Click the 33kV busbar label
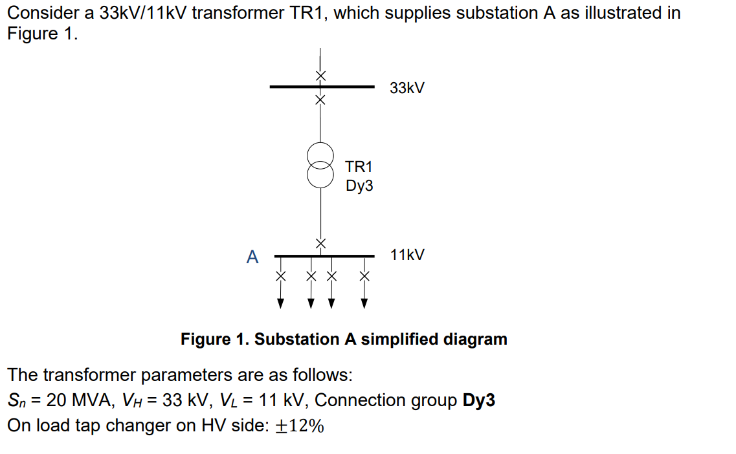(x=407, y=88)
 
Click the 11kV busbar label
(x=407, y=255)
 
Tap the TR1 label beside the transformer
(x=359, y=168)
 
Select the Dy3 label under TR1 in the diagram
(x=359, y=186)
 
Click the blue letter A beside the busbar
(x=252, y=257)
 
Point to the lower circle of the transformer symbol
(x=320, y=174)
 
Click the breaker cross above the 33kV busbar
(x=320, y=75)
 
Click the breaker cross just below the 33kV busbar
(x=320, y=100)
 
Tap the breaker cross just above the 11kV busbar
(x=320, y=243)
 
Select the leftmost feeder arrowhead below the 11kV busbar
(x=280, y=303)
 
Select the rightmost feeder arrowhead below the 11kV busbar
(x=364, y=303)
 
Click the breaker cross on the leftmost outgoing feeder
(x=280, y=276)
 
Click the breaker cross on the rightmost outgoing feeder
(x=364, y=276)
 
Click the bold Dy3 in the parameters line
(x=479, y=400)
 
